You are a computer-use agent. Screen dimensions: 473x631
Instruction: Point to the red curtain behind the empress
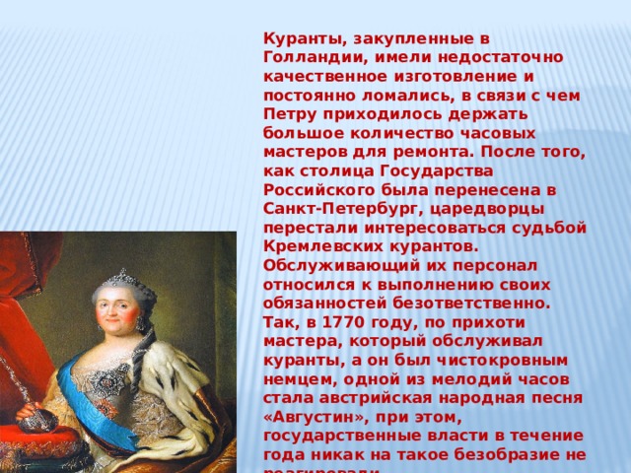tap(25, 296)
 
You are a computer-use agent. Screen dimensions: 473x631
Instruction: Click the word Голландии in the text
tap(307, 57)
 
